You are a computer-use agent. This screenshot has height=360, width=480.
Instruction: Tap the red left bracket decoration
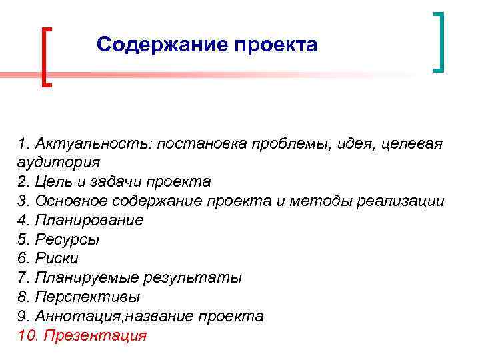coord(46,57)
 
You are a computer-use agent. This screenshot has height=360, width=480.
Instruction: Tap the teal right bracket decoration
coord(439,41)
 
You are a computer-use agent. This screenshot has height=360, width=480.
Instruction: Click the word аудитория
coord(59,162)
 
